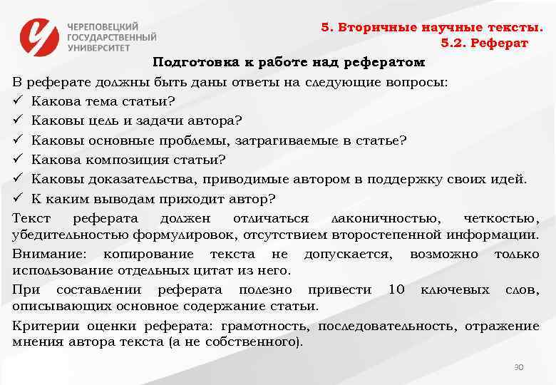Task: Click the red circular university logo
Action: coord(40,35)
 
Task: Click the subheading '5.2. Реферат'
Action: coord(484,44)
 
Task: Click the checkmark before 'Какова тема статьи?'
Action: coord(18,101)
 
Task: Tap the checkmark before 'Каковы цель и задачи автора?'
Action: coord(18,120)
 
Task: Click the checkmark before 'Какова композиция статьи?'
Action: coord(18,158)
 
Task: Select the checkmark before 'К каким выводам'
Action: coord(18,197)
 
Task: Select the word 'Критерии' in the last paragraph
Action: coord(42,327)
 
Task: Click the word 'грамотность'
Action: coord(265,327)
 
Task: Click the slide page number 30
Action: coord(519,366)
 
